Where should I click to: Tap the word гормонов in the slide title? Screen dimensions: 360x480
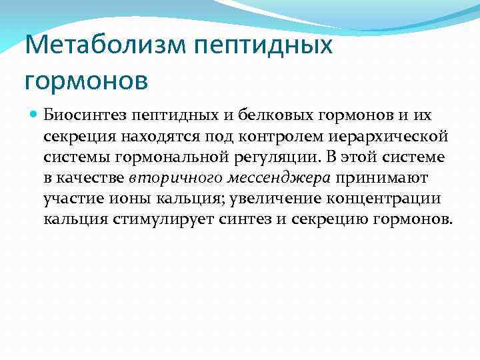point(86,80)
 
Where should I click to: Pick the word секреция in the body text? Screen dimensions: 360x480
point(75,137)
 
